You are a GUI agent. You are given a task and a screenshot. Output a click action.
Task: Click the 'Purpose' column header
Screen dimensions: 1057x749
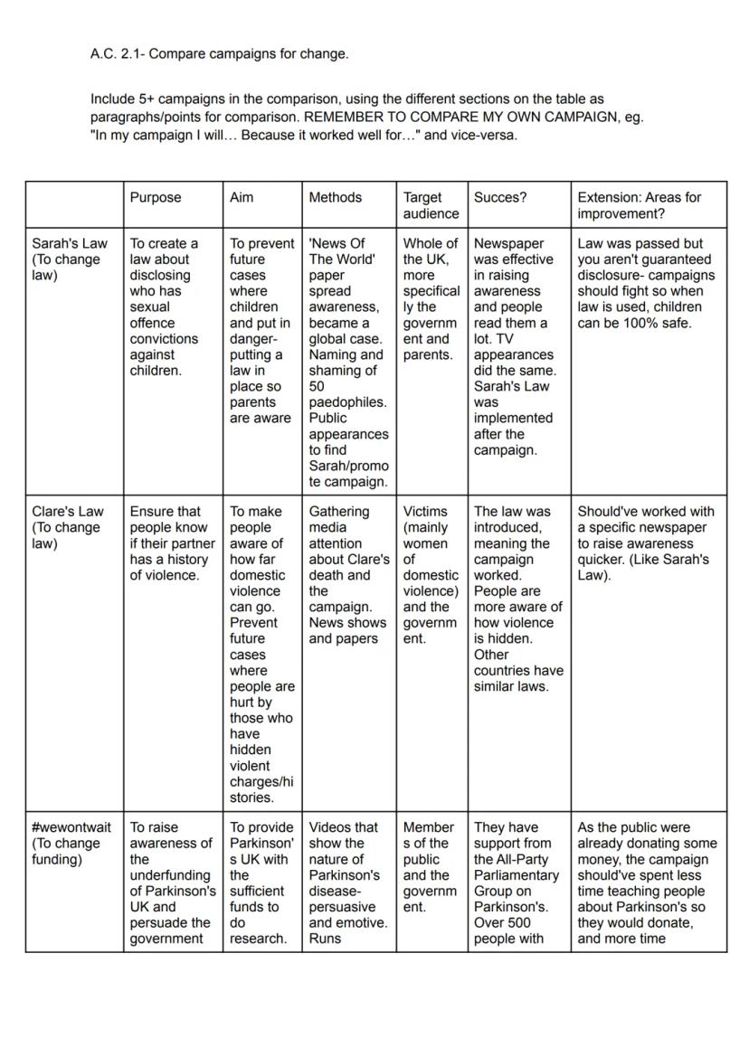(x=156, y=197)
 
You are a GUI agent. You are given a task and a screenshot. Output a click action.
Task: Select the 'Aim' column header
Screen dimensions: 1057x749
(x=242, y=197)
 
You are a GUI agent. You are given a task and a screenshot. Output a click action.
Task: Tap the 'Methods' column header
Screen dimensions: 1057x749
(x=335, y=197)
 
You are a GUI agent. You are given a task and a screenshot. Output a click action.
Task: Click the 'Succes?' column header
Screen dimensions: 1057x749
(x=500, y=197)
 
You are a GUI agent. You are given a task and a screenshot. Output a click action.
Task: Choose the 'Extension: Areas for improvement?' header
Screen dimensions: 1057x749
(x=639, y=205)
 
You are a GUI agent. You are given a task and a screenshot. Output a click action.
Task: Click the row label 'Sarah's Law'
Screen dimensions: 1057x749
(x=70, y=243)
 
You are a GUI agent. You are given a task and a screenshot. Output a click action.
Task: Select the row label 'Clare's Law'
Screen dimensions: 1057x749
(x=68, y=512)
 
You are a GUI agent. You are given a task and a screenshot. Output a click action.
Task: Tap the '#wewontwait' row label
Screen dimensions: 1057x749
(x=71, y=827)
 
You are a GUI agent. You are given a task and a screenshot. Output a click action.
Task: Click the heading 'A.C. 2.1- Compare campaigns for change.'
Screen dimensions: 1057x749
(x=219, y=54)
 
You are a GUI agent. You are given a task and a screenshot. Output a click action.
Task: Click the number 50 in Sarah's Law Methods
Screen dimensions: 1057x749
(x=318, y=386)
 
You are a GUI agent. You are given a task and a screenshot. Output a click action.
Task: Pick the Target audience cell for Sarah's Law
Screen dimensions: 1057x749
(x=431, y=298)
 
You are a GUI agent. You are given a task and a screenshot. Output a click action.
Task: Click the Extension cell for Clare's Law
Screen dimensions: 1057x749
(x=646, y=543)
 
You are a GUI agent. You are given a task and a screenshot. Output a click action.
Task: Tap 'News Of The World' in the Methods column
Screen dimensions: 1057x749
(x=342, y=251)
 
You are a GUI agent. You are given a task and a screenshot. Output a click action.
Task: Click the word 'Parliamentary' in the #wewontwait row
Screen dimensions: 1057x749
(x=516, y=875)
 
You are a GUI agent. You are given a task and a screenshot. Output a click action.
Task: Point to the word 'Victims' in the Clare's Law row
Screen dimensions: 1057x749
(x=425, y=512)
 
